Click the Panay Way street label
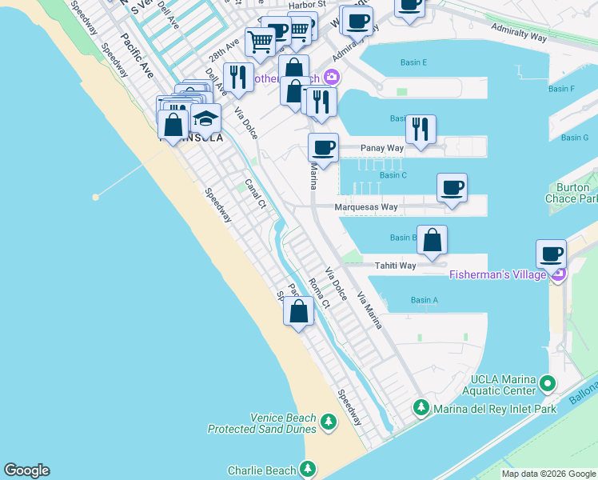pyautogui.click(x=382, y=148)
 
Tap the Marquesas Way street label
pyautogui.click(x=368, y=207)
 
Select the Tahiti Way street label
pyautogui.click(x=396, y=266)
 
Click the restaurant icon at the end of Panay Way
pyautogui.click(x=421, y=130)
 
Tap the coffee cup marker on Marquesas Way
pyautogui.click(x=452, y=189)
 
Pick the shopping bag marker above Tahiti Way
pyautogui.click(x=432, y=241)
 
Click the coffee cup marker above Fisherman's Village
pyautogui.click(x=551, y=254)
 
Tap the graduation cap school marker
pyautogui.click(x=206, y=119)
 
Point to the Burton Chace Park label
pyautogui.click(x=572, y=194)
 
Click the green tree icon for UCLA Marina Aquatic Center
pyautogui.click(x=548, y=384)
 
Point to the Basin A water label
pyautogui.click(x=424, y=300)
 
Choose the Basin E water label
pyautogui.click(x=413, y=62)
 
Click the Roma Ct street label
pyautogui.click(x=319, y=294)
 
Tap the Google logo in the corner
pyautogui.click(x=26, y=470)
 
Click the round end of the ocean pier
pyautogui.click(x=96, y=196)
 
